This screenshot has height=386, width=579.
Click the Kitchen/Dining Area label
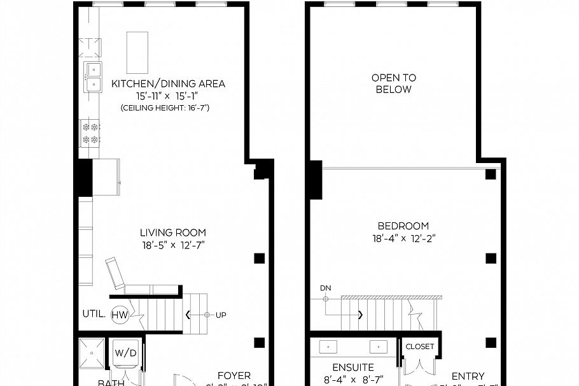point(168,83)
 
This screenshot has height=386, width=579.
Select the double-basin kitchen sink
point(92,76)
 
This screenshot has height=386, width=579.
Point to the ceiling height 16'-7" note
point(165,108)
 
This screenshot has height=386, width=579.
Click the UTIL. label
point(93,314)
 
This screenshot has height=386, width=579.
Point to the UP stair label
point(221,315)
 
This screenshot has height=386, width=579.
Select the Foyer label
point(234,376)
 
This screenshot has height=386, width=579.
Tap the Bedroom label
point(403,225)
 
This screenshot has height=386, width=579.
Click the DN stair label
point(326,289)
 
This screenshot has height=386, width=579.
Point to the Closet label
point(419,347)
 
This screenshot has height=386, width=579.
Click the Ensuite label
point(352,368)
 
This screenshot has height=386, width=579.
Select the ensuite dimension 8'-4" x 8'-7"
point(352,380)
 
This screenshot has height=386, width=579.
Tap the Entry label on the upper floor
point(468,376)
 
